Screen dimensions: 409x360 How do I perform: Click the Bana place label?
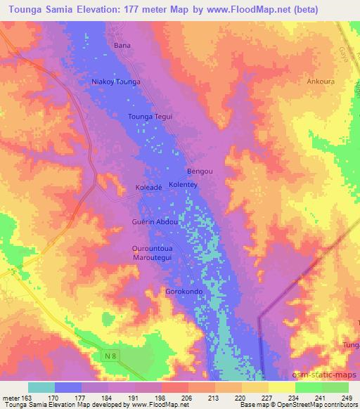click(122, 45)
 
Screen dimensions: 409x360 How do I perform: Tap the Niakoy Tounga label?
click(116, 82)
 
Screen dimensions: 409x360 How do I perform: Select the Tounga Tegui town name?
click(150, 117)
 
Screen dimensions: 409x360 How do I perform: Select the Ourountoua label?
click(153, 249)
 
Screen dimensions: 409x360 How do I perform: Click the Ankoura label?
click(321, 81)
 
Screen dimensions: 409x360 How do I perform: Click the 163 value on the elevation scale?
click(18, 396)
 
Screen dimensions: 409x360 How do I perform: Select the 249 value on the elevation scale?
click(346, 396)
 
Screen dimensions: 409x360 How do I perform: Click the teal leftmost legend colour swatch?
click(41, 387)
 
